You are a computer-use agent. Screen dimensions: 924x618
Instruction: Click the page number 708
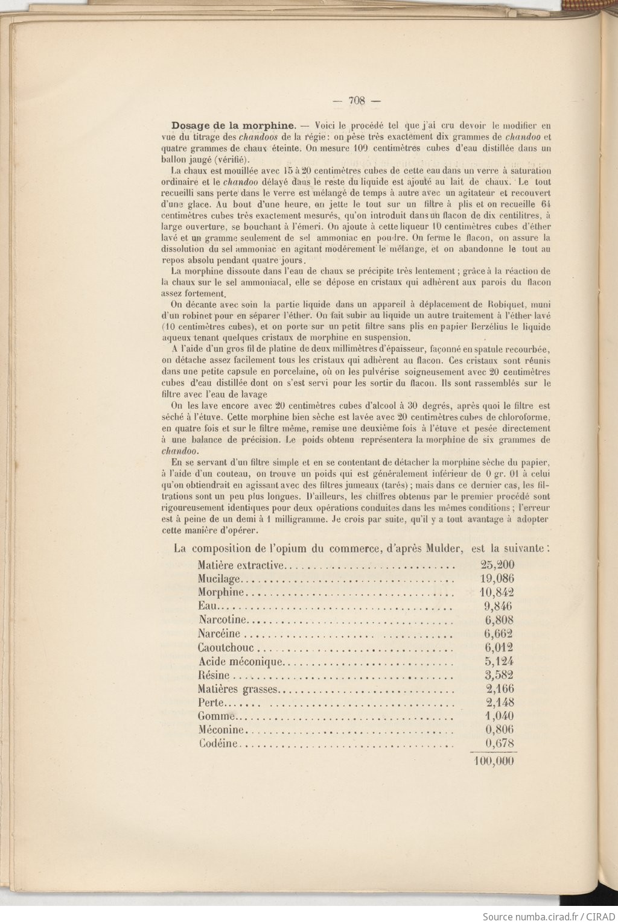357,101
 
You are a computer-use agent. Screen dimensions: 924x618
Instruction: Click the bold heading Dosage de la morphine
233,126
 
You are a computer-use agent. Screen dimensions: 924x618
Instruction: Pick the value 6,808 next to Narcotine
499,619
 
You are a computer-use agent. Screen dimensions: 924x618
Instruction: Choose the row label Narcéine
218,633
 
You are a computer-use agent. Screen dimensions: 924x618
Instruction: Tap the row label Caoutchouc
226,648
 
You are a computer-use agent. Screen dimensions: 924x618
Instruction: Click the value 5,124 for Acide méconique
499,661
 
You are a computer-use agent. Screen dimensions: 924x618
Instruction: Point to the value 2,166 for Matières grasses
500,689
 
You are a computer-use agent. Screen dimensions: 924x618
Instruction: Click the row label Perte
211,703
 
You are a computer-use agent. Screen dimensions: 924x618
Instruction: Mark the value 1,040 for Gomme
500,716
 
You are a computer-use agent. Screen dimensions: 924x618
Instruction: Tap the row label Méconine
220,730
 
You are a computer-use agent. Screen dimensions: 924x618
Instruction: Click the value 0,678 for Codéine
500,744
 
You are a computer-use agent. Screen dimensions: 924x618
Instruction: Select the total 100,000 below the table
494,761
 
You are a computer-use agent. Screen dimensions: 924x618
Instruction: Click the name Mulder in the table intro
444,548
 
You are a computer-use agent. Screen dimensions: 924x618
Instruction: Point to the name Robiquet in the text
506,304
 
